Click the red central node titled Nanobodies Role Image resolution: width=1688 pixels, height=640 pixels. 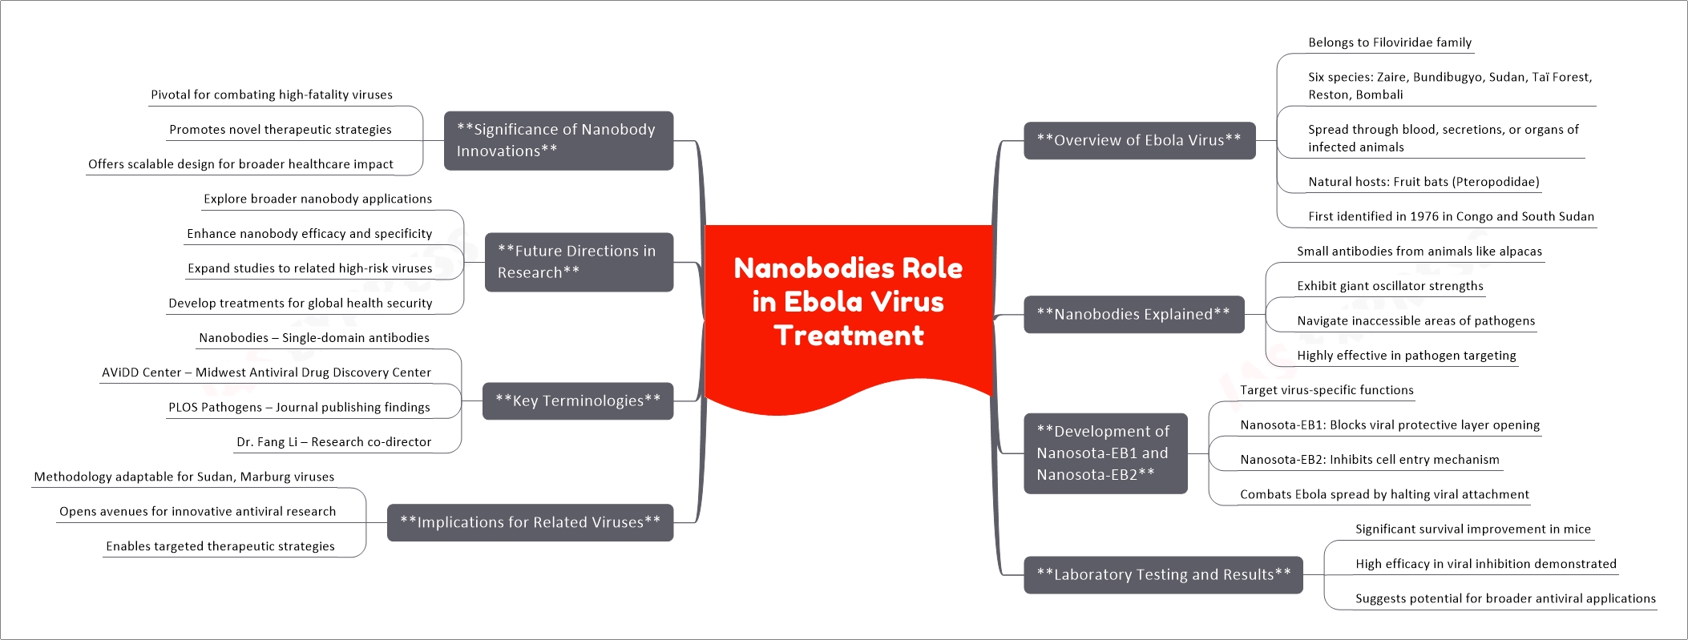[x=849, y=312]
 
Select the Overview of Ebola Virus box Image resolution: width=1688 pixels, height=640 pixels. [x=1139, y=140]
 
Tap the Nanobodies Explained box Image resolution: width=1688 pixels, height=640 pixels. [x=1133, y=314]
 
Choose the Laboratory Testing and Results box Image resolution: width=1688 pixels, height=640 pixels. [x=1163, y=574]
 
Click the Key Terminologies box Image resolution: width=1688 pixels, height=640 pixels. [x=578, y=401]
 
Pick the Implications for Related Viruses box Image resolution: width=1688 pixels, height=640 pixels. [x=530, y=522]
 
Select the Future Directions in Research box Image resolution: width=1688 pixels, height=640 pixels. [x=579, y=262]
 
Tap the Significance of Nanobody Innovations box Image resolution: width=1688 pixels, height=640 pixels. [x=559, y=140]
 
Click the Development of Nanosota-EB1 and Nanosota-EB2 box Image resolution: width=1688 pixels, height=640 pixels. [x=1105, y=453]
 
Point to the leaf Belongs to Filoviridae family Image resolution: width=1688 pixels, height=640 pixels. [x=1390, y=42]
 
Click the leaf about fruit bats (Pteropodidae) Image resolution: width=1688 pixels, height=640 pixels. [x=1423, y=182]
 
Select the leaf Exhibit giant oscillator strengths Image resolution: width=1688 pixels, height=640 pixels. [x=1390, y=286]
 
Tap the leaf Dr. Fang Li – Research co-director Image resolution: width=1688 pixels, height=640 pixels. [x=333, y=442]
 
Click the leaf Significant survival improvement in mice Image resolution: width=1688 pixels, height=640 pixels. [x=1473, y=529]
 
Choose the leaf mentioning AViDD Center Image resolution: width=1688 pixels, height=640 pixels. [x=266, y=372]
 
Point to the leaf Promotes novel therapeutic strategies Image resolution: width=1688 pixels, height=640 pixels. [x=281, y=130]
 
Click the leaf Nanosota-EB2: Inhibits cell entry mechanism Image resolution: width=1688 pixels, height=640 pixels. [x=1370, y=460]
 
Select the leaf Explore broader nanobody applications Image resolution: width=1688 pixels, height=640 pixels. [x=317, y=199]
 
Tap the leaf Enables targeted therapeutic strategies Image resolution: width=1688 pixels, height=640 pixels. [x=220, y=546]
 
